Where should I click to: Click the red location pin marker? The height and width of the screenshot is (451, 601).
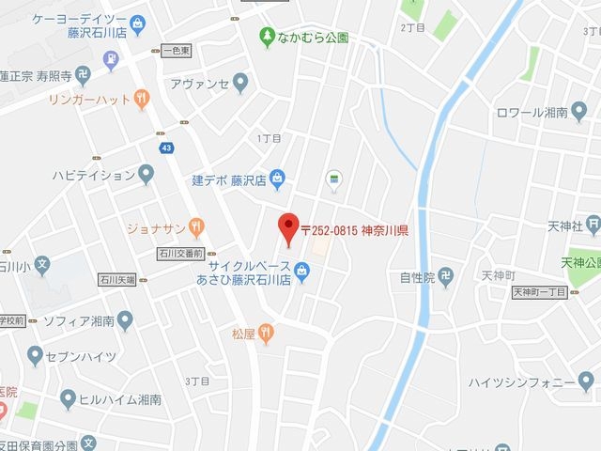click(x=287, y=226)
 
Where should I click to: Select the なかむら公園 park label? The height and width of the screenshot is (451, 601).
click(x=314, y=38)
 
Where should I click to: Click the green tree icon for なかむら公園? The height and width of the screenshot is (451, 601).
click(x=267, y=37)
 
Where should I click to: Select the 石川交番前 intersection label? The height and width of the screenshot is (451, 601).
click(x=180, y=254)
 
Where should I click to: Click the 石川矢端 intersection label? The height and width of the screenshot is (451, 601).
click(x=117, y=279)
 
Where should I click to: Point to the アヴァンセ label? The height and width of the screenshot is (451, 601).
click(x=199, y=84)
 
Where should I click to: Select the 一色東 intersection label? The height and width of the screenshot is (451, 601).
click(x=177, y=49)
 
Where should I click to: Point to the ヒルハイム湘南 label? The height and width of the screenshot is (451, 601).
click(x=121, y=399)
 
